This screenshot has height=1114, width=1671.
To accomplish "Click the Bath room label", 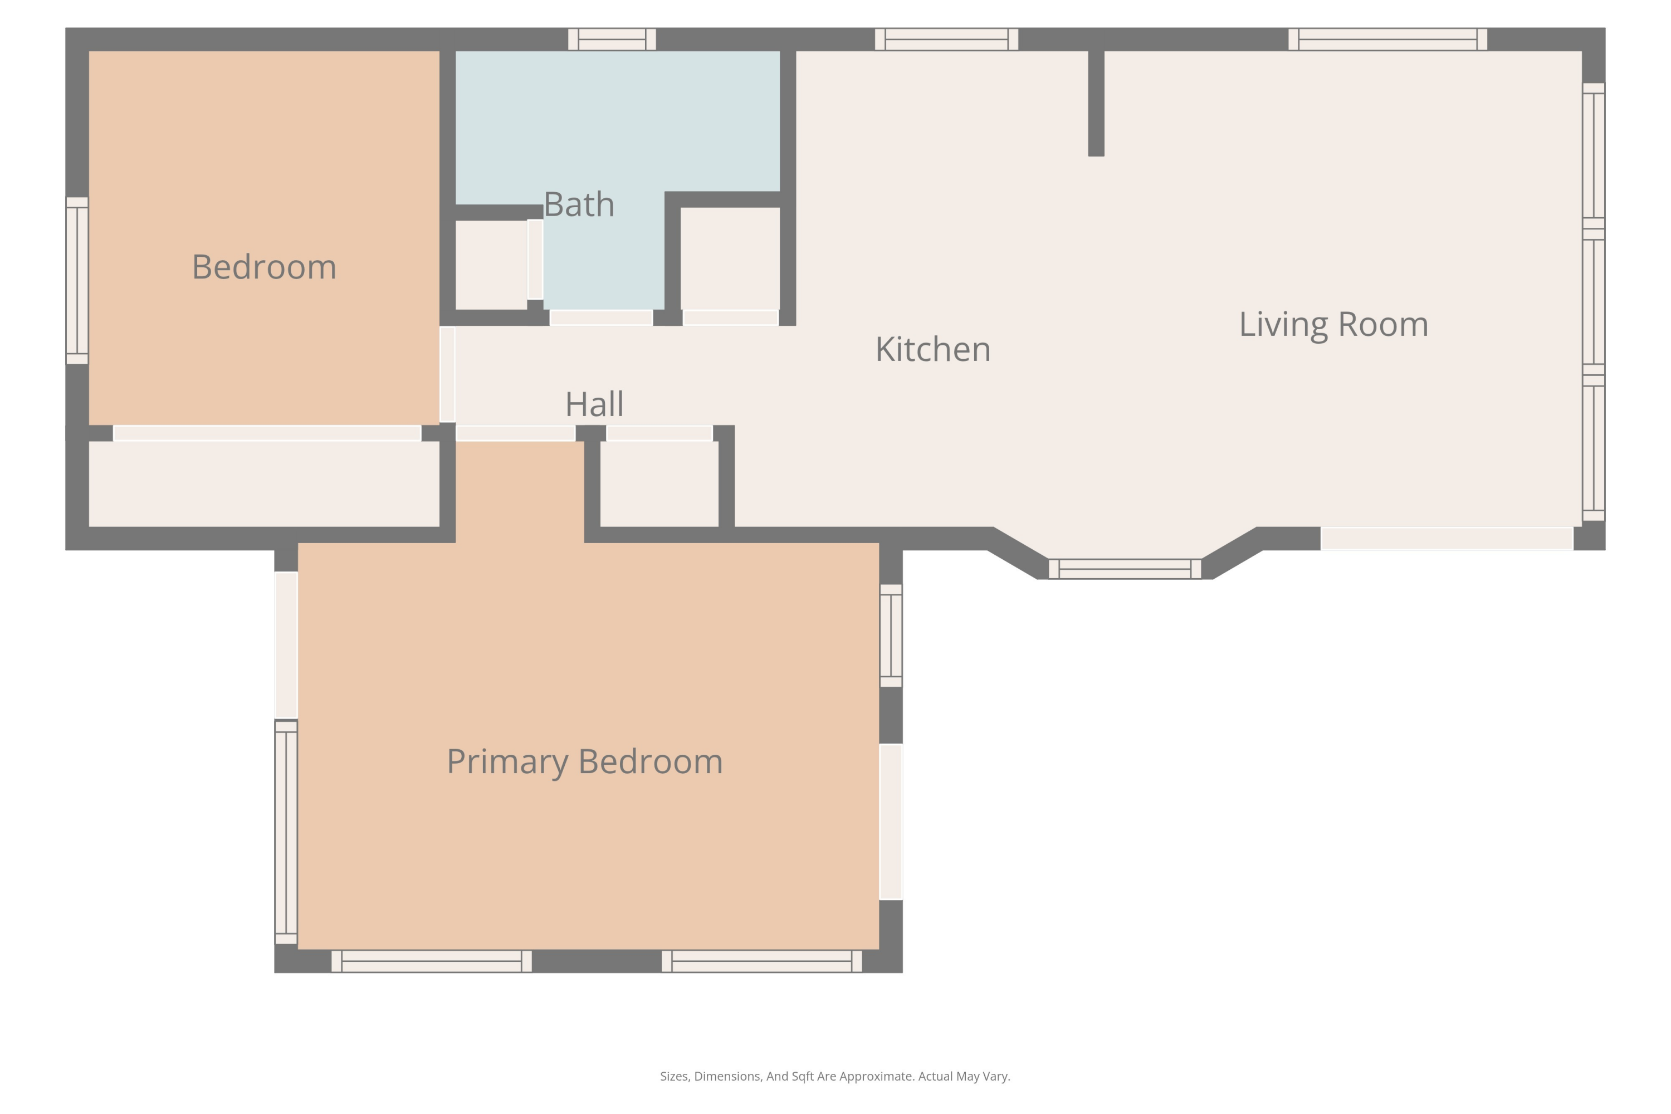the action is (x=579, y=204).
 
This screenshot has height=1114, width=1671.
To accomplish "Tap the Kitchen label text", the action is (x=933, y=349).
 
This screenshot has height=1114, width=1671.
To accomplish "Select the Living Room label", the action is (x=1333, y=325).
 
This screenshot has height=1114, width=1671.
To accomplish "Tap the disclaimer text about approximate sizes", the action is (x=835, y=1076).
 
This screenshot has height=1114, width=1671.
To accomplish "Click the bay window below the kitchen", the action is (x=1125, y=569).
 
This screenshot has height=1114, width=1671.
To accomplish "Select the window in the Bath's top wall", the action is (x=612, y=39).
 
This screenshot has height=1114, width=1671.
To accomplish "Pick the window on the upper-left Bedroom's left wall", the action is (x=77, y=281).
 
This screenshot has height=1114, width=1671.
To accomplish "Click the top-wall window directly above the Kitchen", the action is (x=946, y=39).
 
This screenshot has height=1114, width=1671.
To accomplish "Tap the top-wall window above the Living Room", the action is (x=1387, y=39).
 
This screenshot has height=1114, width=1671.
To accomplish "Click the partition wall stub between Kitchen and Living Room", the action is (x=1096, y=104).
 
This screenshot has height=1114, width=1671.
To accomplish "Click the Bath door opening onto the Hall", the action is (x=601, y=317).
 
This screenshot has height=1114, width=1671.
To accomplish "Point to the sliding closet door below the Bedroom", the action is (x=267, y=433).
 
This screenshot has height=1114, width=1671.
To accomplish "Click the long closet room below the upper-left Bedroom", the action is (x=264, y=484).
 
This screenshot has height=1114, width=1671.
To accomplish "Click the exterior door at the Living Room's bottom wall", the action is (x=1447, y=539).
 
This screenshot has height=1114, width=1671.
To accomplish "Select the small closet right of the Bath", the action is (x=730, y=258).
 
